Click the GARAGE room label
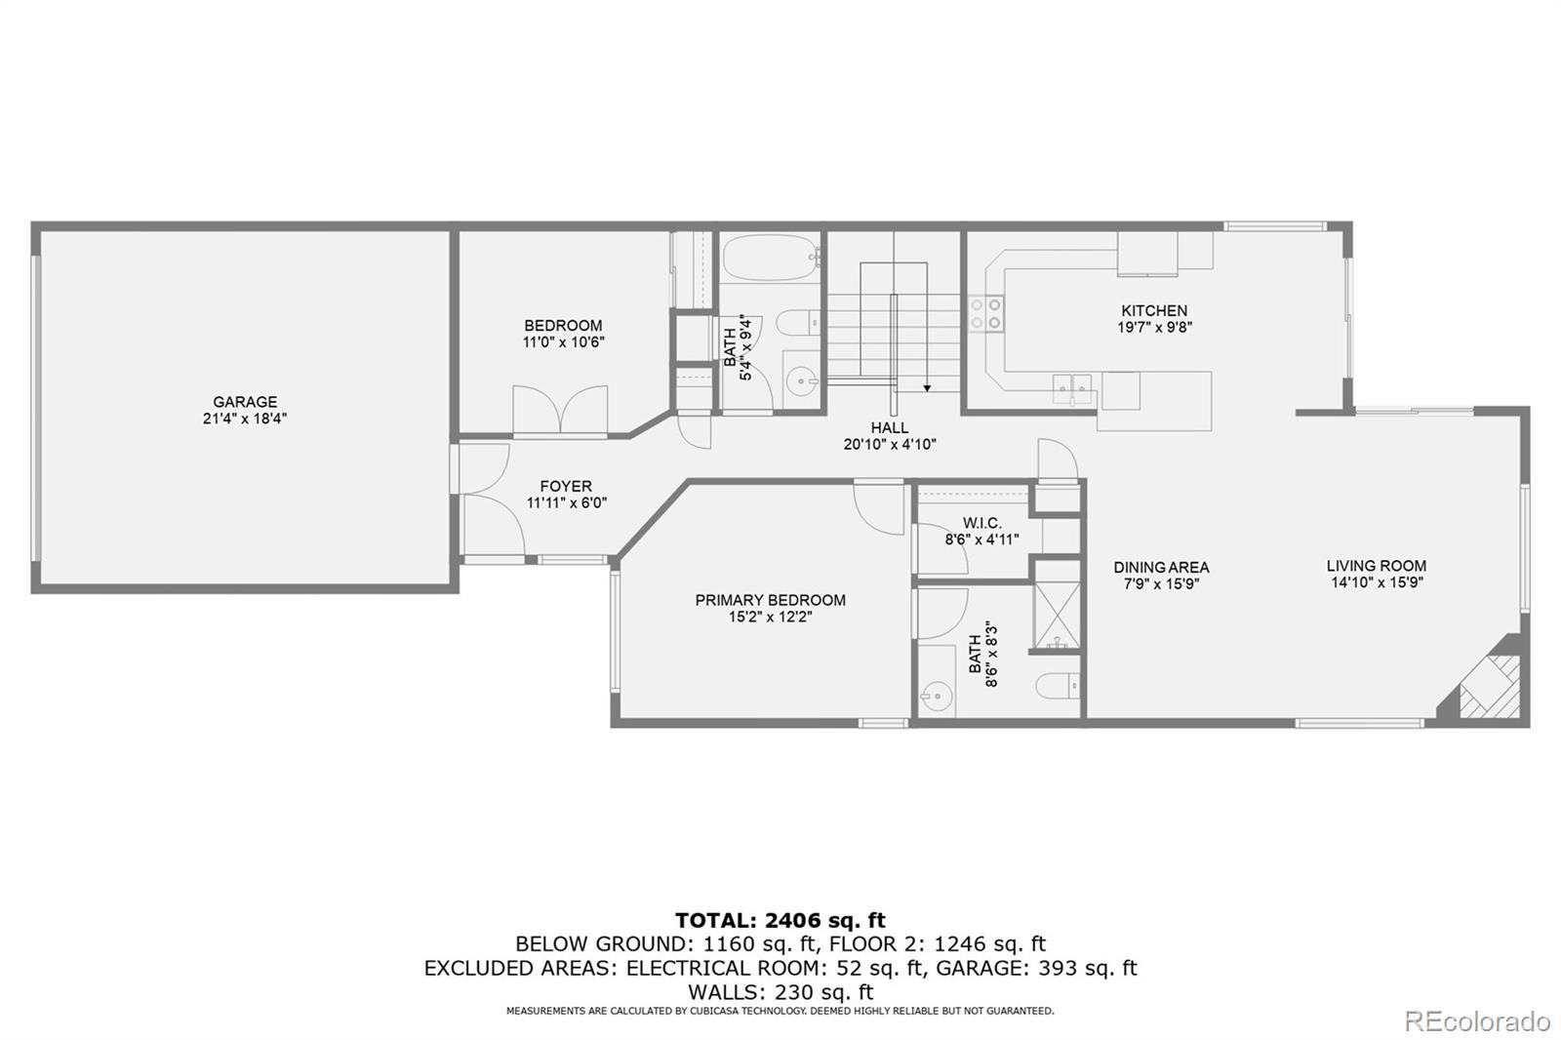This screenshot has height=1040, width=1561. [x=245, y=402]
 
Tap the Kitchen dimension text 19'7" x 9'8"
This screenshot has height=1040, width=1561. [x=1155, y=328]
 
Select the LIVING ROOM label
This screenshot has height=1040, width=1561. [x=1377, y=566]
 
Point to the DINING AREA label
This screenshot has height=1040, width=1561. [x=1161, y=568]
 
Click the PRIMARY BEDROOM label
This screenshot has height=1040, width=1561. [x=770, y=600]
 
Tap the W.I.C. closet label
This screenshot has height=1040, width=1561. [x=981, y=523]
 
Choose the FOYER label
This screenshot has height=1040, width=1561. [x=566, y=487]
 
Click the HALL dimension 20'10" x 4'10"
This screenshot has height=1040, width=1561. [x=890, y=445]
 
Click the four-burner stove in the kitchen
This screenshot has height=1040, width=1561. [x=985, y=314]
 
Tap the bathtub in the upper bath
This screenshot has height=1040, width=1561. [x=771, y=258]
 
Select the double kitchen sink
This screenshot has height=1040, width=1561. [x=1072, y=389]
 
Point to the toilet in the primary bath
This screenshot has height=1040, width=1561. [x=1058, y=686]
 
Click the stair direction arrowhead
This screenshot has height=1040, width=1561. [x=927, y=388]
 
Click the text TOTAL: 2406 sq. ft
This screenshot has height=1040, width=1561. [x=780, y=920]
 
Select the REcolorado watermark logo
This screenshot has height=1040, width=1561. [x=1477, y=1021]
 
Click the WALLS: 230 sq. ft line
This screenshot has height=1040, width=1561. [x=780, y=991]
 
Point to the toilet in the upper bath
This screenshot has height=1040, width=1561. [x=799, y=323]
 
